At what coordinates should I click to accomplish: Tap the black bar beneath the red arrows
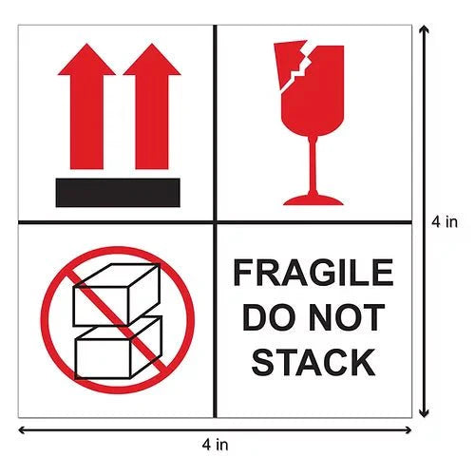tap(118, 192)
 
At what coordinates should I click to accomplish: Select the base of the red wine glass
tap(313, 199)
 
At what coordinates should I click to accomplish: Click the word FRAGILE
tap(313, 275)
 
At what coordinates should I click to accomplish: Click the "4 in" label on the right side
tap(446, 222)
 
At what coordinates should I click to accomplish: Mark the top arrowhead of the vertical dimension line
tap(424, 28)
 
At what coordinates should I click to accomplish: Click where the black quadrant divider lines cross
tap(216, 223)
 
